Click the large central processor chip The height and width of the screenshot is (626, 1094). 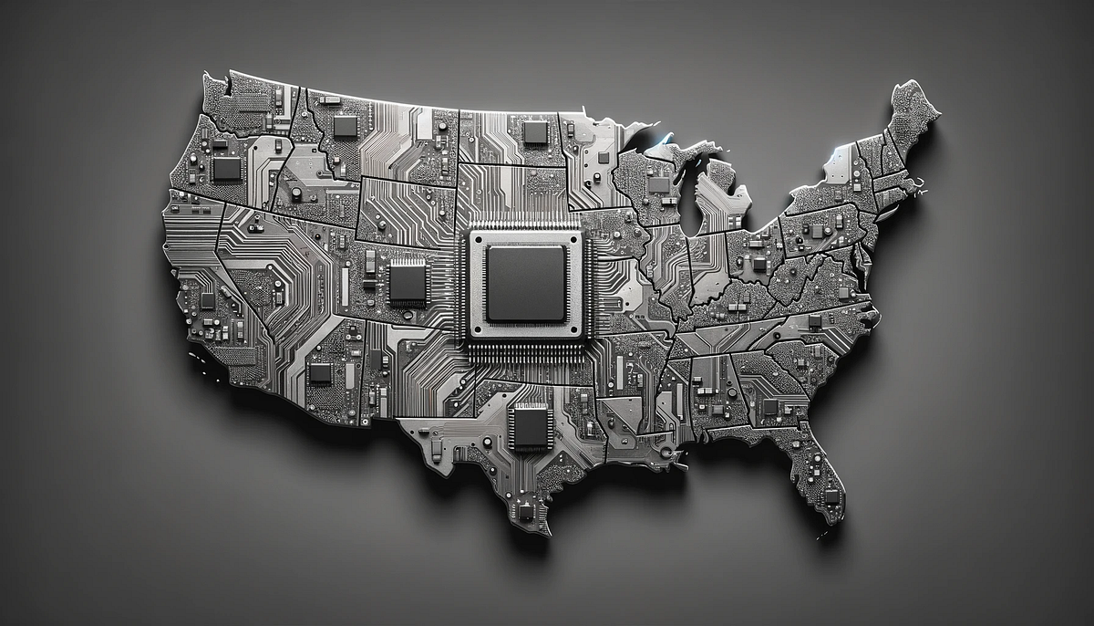pos(526,284)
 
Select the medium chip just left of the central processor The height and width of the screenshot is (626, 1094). pos(408,282)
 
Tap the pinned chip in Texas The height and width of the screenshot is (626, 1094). pos(530,426)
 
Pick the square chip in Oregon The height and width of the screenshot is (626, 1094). pos(227,168)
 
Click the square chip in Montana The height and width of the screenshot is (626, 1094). pos(346,126)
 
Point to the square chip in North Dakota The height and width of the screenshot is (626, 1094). pos(536,132)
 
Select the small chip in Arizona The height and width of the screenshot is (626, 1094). pos(320,372)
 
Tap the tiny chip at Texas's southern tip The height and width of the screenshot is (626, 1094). pos(526,511)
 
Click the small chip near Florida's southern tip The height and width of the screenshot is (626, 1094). pos(831,496)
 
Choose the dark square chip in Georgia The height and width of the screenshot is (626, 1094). pos(770,406)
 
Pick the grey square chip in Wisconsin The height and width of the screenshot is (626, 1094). pos(658,185)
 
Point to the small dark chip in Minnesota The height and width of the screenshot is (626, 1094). pos(603,156)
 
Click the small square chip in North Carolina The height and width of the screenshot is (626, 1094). pos(814,321)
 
